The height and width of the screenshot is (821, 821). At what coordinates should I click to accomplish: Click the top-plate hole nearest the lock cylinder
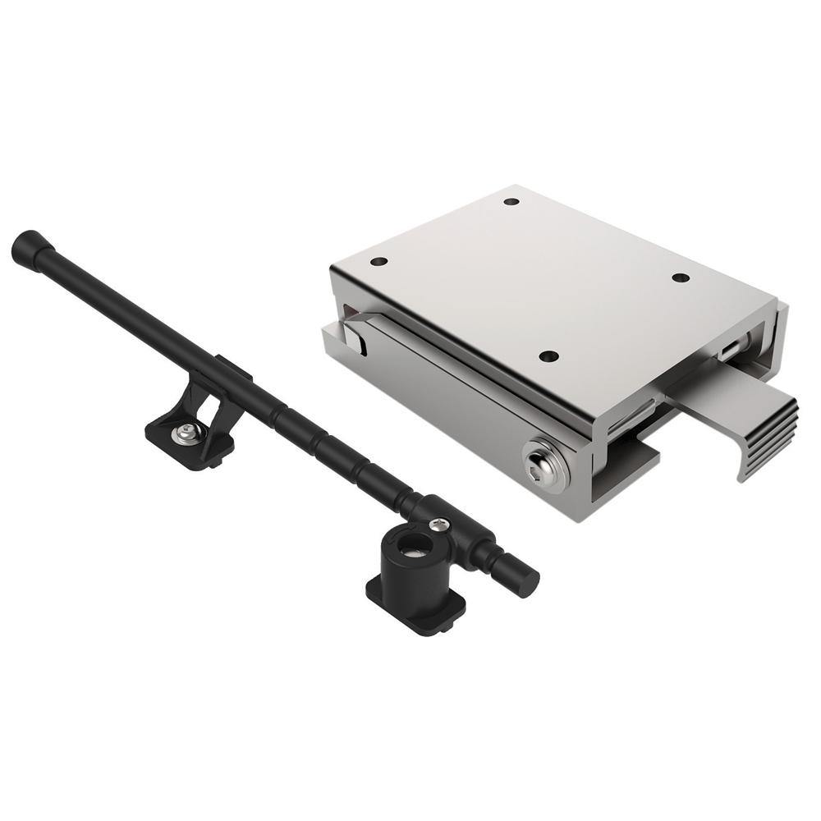coord(549,356)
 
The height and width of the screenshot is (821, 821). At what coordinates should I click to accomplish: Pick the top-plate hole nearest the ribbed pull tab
coord(681,277)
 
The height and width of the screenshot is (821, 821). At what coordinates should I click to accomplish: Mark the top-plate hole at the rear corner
coord(511,201)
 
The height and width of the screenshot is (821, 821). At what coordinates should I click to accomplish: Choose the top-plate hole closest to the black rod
coord(378,262)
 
